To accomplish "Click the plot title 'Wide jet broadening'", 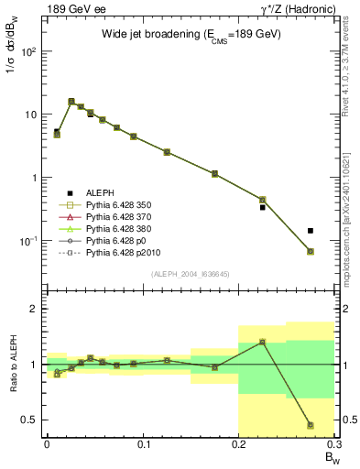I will coord(191,33).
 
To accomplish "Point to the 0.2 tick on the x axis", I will coord(238,444).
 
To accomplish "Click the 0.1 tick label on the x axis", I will coord(142,444).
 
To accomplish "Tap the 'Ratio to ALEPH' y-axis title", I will coord(12,364).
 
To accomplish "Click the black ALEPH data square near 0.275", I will coord(311,231).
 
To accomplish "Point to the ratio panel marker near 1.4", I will coord(262,342).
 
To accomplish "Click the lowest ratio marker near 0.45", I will coord(311,425).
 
